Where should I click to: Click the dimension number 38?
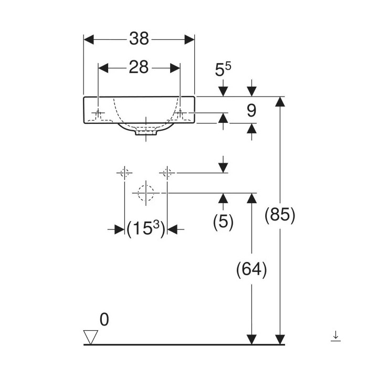(x=139, y=38)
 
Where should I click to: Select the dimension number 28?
(x=139, y=67)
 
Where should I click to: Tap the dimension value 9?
(x=251, y=111)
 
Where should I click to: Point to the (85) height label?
(x=280, y=215)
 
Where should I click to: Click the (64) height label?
(x=252, y=270)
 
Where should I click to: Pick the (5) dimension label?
(x=223, y=222)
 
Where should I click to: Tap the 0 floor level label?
(x=104, y=319)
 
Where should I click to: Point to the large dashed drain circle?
(x=146, y=193)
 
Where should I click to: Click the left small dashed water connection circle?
(x=124, y=172)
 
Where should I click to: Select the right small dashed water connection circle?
(x=167, y=172)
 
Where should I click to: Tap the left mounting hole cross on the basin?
(x=98, y=113)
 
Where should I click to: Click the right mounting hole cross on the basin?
(x=180, y=113)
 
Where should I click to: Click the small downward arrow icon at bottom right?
(x=336, y=336)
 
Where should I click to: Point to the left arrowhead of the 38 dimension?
(x=89, y=39)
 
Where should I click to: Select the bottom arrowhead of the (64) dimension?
(x=253, y=340)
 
